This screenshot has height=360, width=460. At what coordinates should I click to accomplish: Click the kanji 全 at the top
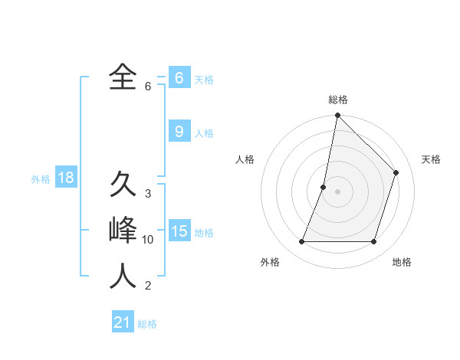tap(123, 77)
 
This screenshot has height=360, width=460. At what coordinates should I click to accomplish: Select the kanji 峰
tap(123, 230)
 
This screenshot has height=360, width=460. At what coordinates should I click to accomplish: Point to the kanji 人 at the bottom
tap(123, 276)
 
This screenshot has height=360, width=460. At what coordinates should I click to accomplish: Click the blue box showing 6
tap(179, 78)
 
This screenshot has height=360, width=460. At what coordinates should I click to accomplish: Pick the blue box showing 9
tap(179, 132)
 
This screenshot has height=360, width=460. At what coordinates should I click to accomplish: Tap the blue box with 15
tap(179, 231)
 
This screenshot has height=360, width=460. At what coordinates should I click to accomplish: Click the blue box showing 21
tap(123, 322)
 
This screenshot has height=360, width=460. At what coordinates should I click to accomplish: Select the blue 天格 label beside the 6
tap(204, 80)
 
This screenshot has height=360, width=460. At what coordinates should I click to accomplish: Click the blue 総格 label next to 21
tap(147, 324)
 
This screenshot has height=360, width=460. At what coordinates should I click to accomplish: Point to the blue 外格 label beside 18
tap(41, 179)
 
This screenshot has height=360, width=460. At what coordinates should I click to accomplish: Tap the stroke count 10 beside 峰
tap(148, 240)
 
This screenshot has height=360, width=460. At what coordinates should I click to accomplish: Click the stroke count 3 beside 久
tap(147, 194)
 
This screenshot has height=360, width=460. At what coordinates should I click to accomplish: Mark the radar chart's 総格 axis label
tap(338, 100)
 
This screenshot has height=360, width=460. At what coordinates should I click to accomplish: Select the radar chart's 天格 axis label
tap(431, 159)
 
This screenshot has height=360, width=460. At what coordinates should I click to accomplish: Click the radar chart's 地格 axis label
tap(402, 262)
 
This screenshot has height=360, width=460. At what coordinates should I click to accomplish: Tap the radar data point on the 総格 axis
tap(337, 116)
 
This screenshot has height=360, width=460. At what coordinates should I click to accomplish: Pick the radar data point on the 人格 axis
tap(324, 187)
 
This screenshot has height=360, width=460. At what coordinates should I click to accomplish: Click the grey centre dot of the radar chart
tap(337, 191)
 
